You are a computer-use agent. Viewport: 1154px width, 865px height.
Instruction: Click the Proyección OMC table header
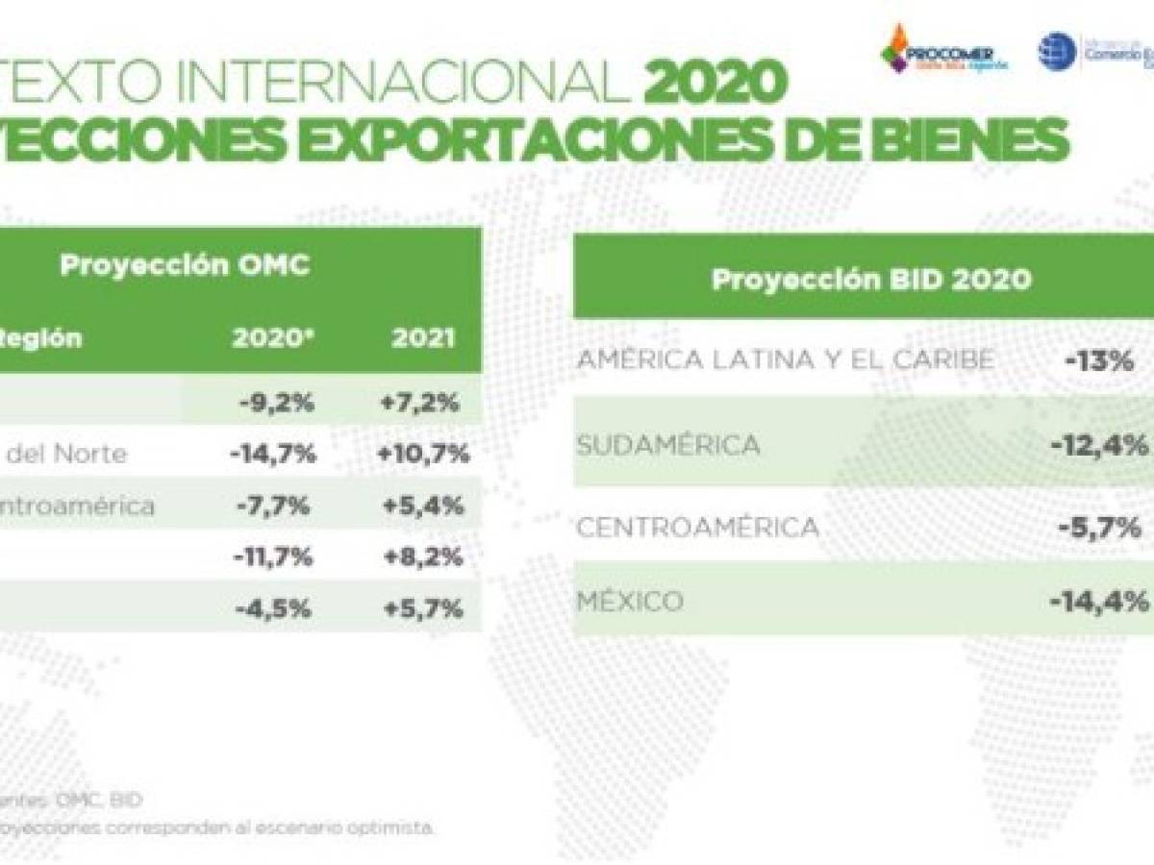coord(185,265)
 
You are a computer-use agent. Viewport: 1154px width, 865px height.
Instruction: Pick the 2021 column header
coord(424,339)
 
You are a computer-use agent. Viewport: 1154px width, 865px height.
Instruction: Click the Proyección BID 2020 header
coord(871,280)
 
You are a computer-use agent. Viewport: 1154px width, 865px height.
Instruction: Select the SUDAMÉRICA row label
coord(668,445)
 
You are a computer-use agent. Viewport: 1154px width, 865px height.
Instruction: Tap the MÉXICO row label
coord(630,603)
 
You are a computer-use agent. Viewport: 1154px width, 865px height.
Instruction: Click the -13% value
coord(1101,362)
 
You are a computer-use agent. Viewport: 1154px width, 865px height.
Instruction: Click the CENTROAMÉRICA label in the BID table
coord(698,527)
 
